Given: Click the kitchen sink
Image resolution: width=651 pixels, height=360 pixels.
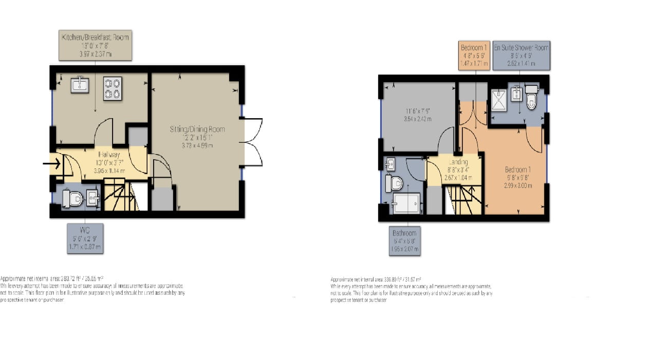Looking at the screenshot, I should (80, 84).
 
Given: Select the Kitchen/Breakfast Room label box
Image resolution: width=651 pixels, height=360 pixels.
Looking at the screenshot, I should (95, 45).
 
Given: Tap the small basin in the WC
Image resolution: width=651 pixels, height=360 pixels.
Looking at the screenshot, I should (93, 198).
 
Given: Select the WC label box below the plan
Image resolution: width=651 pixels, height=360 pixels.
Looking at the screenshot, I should (85, 237).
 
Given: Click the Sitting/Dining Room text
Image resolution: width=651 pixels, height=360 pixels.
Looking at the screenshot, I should (198, 129).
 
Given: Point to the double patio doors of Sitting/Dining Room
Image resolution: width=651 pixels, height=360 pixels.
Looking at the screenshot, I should (253, 142).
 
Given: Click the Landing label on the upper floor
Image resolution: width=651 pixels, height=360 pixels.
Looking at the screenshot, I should (457, 162).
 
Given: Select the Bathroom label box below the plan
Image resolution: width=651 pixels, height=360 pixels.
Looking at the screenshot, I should (404, 241).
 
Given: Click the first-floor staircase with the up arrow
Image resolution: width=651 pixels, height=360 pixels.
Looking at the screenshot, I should (463, 199).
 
